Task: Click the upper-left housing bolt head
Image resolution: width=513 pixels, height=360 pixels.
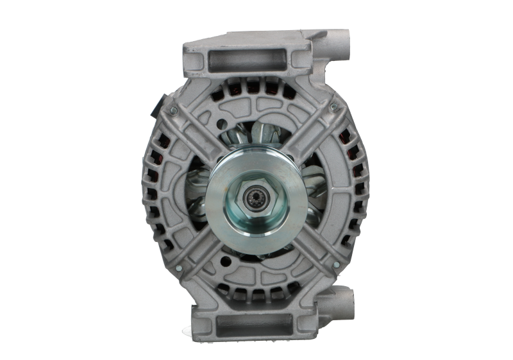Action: pyautogui.click(x=173, y=112)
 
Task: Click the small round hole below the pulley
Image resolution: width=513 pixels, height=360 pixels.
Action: pyautogui.click(x=224, y=261)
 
